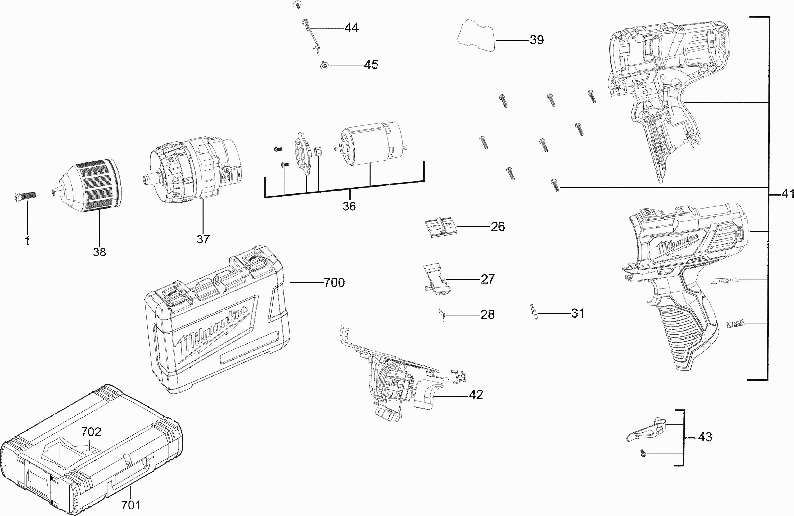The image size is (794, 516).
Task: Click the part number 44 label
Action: (351, 28)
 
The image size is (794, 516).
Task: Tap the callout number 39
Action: (536, 40)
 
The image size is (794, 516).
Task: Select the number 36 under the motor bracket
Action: (349, 206)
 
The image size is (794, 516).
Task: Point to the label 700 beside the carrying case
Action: (334, 283)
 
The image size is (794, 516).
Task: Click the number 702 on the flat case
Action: (91, 432)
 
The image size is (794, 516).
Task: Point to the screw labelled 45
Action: (324, 65)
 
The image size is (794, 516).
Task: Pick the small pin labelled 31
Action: (534, 312)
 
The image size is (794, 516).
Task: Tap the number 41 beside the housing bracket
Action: (787, 193)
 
